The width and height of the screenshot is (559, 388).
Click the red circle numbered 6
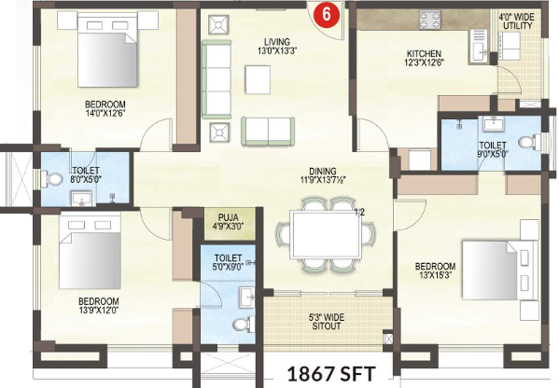coord(327,14)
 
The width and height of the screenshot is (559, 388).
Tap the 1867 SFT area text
coord(332,374)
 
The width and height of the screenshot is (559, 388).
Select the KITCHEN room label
coord(425,54)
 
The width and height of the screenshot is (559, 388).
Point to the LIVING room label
coord(276,41)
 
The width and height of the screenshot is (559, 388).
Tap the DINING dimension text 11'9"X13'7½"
coord(323,180)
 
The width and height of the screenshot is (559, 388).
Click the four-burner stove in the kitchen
coord(430,20)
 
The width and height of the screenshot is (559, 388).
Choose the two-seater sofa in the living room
coord(268,131)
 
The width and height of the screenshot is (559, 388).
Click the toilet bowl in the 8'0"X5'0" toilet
coord(53,178)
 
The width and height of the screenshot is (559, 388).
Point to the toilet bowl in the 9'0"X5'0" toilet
coord(527,143)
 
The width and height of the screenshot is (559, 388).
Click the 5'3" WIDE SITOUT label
coord(325,322)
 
